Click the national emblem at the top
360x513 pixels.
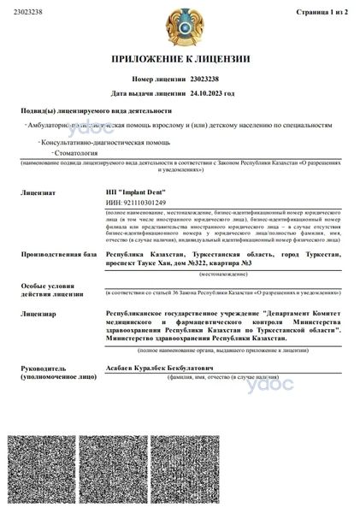[x=180, y=26]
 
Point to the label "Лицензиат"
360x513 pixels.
[x=39, y=193]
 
